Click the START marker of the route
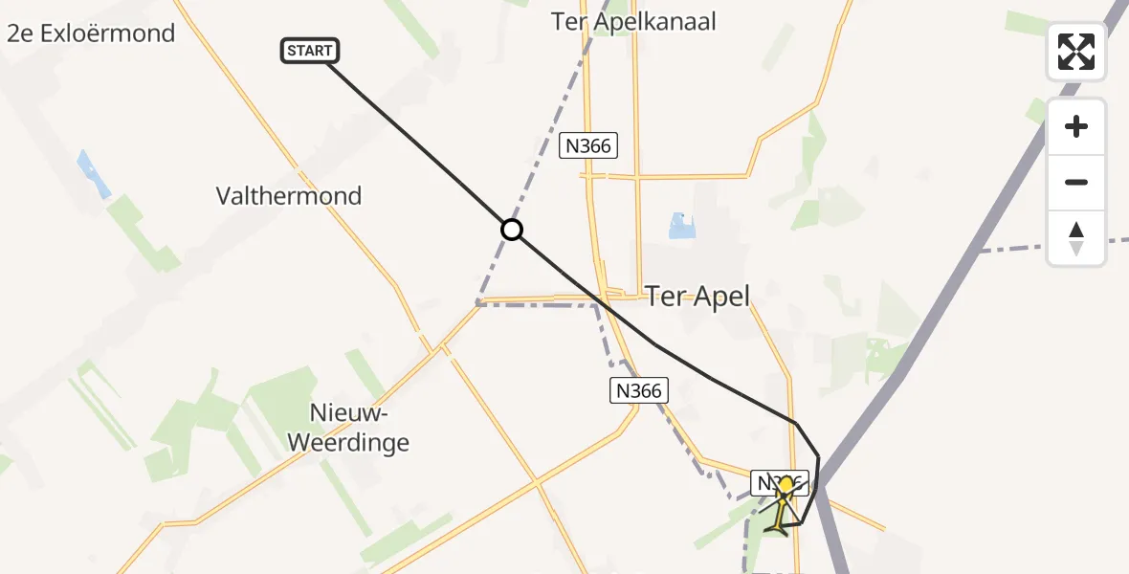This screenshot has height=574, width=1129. pos(310,51)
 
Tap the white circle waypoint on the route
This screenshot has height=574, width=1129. pos(512,230)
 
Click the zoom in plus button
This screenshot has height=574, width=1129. pos(1076,127)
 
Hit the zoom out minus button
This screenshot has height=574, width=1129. pos(1076,182)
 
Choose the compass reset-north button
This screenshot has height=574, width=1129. pos(1076,238)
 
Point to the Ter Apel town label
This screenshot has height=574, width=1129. pos(697,296)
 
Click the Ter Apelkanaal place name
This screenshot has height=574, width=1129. pos(633,21)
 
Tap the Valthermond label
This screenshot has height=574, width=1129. pos(289,196)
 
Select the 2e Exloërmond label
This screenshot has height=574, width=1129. pos(91,33)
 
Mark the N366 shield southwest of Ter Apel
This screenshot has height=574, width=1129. pos(638,390)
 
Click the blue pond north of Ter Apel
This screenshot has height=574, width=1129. pos(680,226)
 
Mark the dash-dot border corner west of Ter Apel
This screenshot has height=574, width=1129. pos(477,303)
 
